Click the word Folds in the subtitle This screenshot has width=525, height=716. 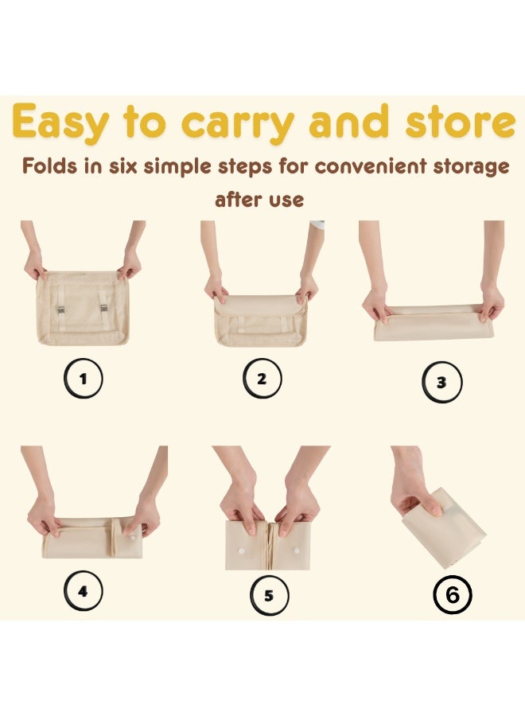[x=50, y=167]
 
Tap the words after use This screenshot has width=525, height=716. [x=259, y=199]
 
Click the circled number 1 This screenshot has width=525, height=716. [x=83, y=378]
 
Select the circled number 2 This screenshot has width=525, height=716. [x=262, y=379]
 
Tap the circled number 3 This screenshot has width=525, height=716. [x=441, y=382]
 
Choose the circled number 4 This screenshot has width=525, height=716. [x=83, y=591]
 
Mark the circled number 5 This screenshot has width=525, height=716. [x=269, y=596]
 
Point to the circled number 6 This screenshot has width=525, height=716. [x=452, y=595]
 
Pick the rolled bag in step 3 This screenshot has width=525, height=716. [x=434, y=322]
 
